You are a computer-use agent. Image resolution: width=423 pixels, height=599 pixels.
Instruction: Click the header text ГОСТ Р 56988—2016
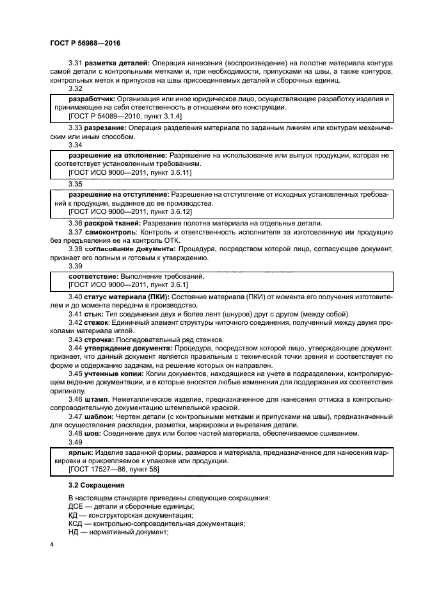tap(84, 42)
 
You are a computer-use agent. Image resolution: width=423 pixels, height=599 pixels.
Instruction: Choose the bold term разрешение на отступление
tap(118, 193)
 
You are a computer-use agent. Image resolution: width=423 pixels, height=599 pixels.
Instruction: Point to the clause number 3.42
tap(76, 324)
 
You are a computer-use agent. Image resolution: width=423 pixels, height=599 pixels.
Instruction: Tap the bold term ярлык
tap(80, 452)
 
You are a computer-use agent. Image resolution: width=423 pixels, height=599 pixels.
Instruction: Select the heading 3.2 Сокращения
tap(95, 485)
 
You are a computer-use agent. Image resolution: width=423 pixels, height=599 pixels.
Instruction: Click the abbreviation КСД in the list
tap(77, 523)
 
